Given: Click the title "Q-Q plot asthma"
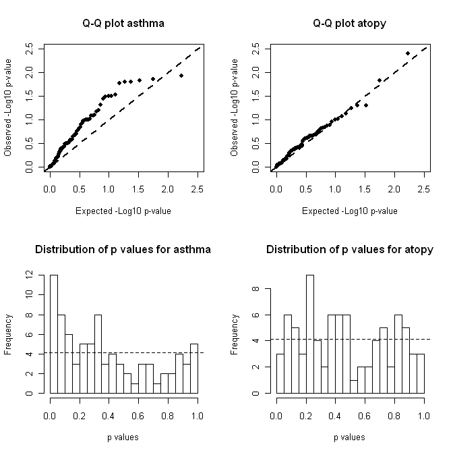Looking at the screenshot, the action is point(123,23).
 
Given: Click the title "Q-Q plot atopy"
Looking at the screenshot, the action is point(350,23).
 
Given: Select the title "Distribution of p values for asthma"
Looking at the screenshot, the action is point(123,249).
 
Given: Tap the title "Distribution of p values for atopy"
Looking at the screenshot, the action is point(350,249).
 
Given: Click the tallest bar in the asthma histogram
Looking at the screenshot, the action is point(54,334).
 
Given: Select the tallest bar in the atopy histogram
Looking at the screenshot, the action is point(310,334).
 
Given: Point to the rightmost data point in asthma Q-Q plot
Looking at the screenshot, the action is point(181,76).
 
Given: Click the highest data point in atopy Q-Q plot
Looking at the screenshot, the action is point(408,53).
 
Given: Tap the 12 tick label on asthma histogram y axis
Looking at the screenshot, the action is point(30,275).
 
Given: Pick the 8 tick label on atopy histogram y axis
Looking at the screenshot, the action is point(256,289).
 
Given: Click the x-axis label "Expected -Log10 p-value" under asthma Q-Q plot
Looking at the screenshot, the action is point(123,211).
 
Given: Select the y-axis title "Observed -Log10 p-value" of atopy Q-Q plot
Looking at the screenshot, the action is point(234,107).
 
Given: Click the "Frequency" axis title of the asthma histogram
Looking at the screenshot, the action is point(8,335).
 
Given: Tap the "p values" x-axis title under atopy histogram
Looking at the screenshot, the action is point(350,437).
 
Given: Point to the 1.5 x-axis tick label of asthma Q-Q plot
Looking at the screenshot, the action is point(138,190).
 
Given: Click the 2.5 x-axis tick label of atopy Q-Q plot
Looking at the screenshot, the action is point(424,190).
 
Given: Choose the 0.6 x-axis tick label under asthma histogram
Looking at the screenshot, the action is point(138,416).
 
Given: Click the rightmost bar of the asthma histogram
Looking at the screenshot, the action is point(194,369).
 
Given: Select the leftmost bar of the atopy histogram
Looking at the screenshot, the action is point(280,374).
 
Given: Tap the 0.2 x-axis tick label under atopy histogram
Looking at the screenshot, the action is point(306,416).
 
